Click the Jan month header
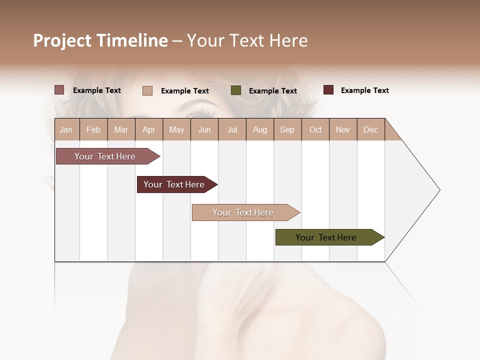(x=66, y=129)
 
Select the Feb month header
(x=93, y=129)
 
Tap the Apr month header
(x=149, y=129)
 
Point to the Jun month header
(x=204, y=129)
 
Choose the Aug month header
(x=260, y=129)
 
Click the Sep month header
(x=287, y=129)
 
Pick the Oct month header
(x=315, y=129)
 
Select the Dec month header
(x=371, y=129)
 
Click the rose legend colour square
(x=59, y=90)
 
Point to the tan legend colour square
(x=147, y=90)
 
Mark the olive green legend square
(x=236, y=90)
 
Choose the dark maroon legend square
(x=328, y=90)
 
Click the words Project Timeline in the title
(x=100, y=40)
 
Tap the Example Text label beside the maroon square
(x=364, y=90)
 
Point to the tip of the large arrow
(x=438, y=190)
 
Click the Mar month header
(x=121, y=129)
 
